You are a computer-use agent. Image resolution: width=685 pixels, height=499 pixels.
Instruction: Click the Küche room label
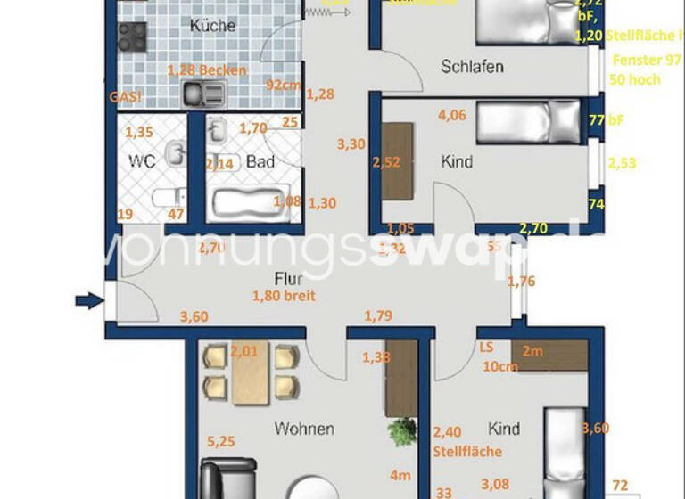tap(213, 26)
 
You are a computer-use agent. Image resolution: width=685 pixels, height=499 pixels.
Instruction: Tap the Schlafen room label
tap(473, 67)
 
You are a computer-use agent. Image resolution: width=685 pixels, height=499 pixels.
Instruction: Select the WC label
tap(144, 162)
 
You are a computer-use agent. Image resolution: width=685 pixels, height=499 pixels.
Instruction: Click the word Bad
tap(260, 162)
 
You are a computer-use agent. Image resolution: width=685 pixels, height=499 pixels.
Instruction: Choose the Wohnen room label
tap(304, 429)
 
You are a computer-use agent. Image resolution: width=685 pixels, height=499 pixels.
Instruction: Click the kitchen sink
tap(204, 92)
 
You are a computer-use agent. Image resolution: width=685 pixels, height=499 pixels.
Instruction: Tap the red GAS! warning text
tap(125, 97)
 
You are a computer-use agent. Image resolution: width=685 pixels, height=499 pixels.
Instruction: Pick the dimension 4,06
tap(452, 114)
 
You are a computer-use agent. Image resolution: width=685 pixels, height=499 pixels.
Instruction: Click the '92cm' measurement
tap(284, 86)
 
